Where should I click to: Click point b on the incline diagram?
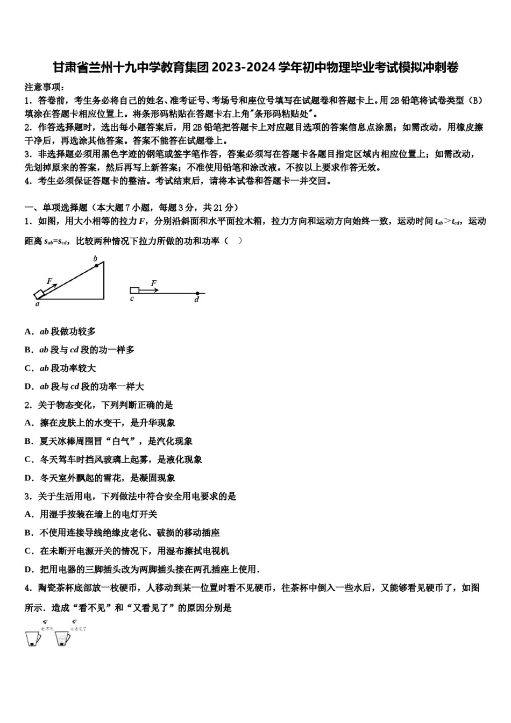coord(96,259)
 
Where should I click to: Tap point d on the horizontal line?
coord(197,294)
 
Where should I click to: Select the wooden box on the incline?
coord(39,294)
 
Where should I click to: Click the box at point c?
coord(134,290)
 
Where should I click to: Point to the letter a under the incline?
coord(37,304)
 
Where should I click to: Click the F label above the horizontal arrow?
coord(153,282)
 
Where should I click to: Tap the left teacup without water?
coord(33,638)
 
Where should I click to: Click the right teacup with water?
coord(62,638)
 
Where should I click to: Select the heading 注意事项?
coord(45,87)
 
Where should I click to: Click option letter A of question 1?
coord(28,332)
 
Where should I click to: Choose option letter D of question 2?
coord(28,478)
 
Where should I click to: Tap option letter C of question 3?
coord(28,551)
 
